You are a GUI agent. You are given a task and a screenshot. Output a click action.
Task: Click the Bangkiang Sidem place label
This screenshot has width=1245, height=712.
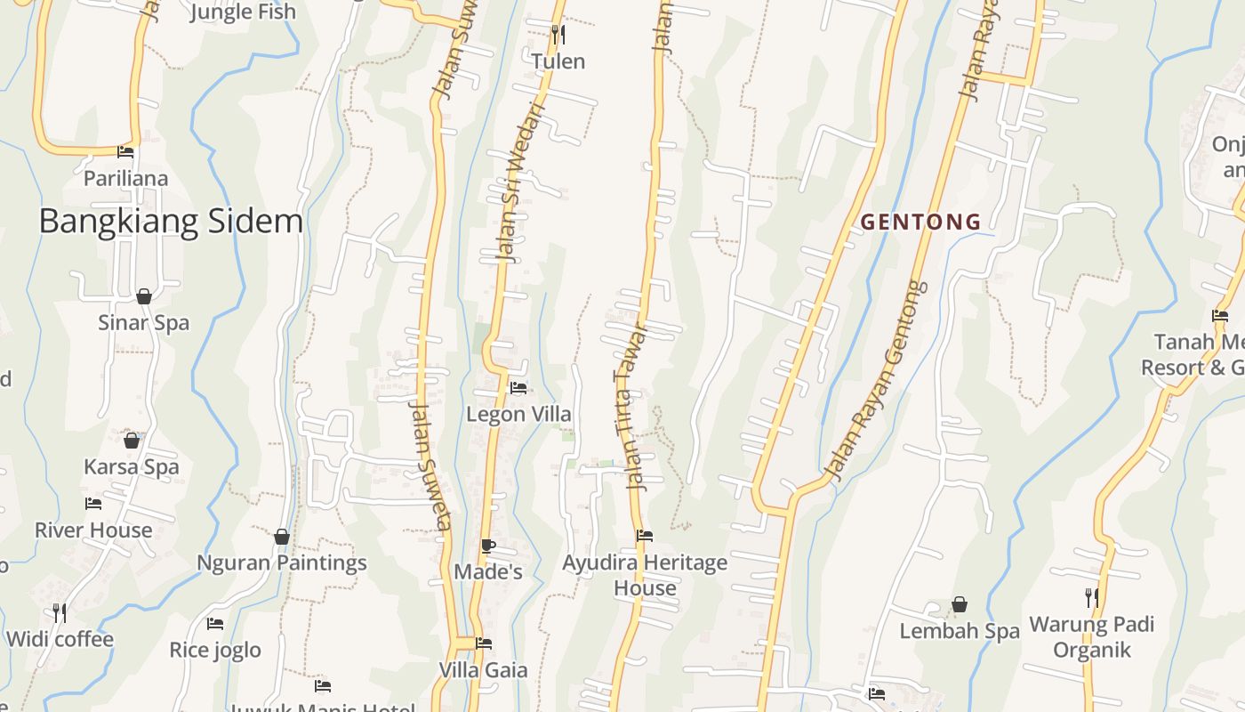pos(171,222)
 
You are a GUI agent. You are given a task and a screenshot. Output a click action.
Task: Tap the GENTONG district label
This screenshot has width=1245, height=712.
pos(920,222)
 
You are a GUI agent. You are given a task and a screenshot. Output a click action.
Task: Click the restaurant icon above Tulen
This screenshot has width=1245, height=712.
pos(558,35)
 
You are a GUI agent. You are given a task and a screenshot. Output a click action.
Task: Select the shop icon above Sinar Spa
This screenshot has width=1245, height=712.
pos(144,296)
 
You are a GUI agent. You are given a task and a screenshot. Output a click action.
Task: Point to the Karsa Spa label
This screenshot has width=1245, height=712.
pos(131,466)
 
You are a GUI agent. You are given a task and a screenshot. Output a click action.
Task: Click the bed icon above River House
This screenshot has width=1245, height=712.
pos(93,504)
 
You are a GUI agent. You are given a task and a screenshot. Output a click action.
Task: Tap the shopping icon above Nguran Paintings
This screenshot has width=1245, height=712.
pos(282,537)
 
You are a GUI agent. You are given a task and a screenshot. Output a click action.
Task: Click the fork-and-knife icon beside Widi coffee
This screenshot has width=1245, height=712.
pos(59,612)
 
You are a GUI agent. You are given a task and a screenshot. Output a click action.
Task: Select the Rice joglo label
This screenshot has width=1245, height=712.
pos(215,650)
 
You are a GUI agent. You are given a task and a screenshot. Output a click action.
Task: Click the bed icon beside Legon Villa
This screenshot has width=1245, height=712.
pos(518,388)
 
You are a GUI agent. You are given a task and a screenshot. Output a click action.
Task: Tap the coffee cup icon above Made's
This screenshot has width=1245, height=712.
pos(487,546)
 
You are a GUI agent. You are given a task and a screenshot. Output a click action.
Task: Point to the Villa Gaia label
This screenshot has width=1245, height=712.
pos(484,670)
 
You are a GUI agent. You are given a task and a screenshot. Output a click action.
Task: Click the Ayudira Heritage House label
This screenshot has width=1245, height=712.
pos(645,575)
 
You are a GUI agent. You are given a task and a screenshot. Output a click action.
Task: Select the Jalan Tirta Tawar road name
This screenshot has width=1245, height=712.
pos(631,406)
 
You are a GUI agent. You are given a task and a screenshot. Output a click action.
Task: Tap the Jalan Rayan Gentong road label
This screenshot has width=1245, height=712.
pos(876,381)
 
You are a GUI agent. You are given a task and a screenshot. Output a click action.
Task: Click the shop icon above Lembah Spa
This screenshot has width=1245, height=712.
pos(960,605)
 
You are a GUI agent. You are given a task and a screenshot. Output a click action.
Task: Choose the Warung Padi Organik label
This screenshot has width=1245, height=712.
pos(1091,636)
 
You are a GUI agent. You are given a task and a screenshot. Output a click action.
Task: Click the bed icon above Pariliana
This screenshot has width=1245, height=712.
pos(125,152)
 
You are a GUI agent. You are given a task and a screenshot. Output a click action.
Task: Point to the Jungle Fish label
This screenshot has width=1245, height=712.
pos(243,12)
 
